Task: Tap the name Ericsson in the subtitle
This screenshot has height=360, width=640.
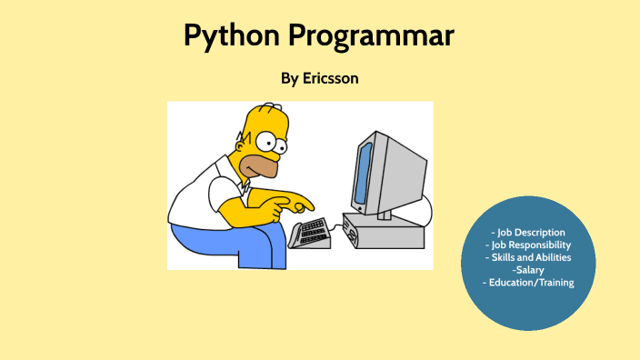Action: click(x=329, y=78)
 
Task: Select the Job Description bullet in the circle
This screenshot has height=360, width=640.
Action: click(x=527, y=233)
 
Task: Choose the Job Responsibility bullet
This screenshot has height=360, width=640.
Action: click(x=527, y=245)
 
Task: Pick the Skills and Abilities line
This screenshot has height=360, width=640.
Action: click(x=527, y=258)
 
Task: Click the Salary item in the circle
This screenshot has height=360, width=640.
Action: click(x=528, y=270)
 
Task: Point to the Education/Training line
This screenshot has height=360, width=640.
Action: click(x=527, y=283)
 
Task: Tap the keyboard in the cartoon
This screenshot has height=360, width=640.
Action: click(x=309, y=233)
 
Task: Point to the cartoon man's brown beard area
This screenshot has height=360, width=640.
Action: click(x=265, y=164)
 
